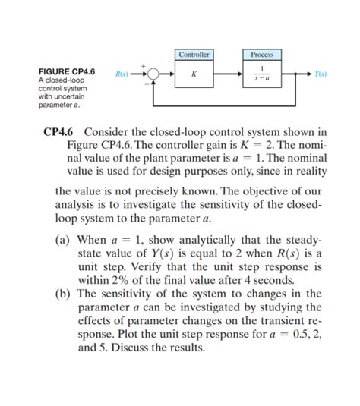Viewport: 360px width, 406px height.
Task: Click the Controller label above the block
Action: (194, 55)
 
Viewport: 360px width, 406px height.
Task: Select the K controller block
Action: (194, 74)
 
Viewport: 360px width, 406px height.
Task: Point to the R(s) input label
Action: (122, 74)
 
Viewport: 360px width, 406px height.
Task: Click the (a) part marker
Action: (64, 239)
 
